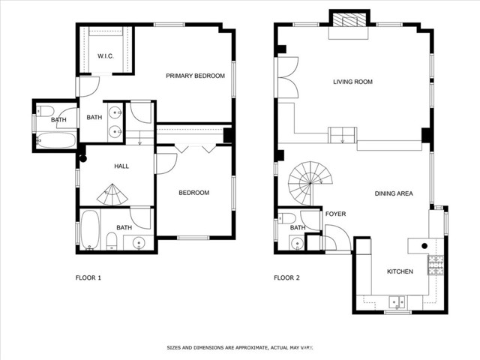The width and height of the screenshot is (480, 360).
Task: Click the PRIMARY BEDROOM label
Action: click(195, 76)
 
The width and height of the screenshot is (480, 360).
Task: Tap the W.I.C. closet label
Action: click(106, 56)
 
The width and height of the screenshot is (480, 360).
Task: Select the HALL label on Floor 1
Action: click(121, 166)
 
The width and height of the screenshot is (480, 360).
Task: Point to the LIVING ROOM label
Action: click(352, 82)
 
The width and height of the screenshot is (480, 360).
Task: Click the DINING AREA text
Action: click(394, 193)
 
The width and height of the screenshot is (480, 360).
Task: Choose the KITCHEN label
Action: click(400, 271)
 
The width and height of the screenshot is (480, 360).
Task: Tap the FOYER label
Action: click(335, 214)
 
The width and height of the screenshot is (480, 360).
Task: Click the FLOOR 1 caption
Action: click(88, 278)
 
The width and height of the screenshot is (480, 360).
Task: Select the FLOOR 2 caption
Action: click(286, 278)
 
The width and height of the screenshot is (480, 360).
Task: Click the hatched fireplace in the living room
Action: click(349, 20)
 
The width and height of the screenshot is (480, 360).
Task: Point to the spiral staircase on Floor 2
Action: click(310, 184)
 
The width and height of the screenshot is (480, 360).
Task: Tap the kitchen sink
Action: click(397, 301)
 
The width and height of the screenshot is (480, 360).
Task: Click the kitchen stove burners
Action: click(436, 265)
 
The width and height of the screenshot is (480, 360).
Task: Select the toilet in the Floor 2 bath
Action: click(287, 218)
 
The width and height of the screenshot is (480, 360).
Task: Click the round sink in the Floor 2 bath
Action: click(297, 244)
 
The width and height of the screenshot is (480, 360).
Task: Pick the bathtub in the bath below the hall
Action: click(90, 229)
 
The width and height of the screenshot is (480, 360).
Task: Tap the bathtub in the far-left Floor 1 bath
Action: click(55, 140)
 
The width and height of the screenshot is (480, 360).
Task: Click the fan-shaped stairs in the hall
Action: click(112, 194)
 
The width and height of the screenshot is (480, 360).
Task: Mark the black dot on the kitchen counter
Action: click(424, 245)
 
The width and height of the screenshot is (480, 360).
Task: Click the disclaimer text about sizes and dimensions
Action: click(240, 347)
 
